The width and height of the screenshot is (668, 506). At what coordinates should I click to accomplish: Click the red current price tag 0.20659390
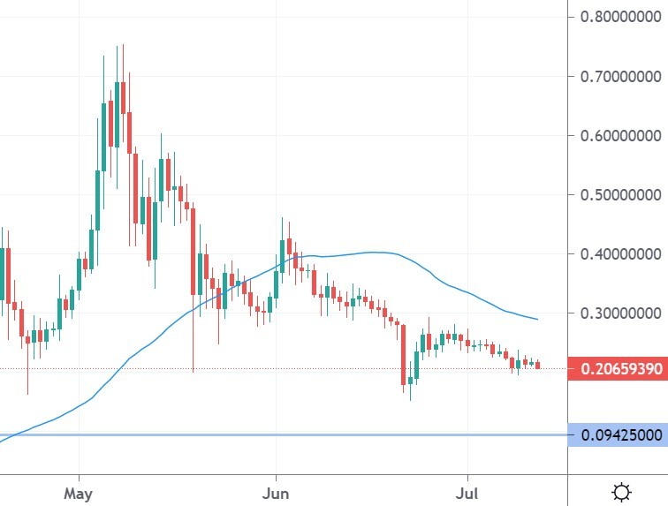pos(618,367)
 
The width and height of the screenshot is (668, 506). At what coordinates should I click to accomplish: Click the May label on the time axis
pos(79,491)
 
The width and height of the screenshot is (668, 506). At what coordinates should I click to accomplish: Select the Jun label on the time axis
pos(277,491)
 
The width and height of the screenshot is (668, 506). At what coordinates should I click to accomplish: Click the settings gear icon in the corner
pos(621,491)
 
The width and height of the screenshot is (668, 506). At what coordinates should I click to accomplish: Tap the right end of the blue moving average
pos(536,318)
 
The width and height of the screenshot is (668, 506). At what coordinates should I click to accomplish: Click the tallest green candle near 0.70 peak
pos(117,115)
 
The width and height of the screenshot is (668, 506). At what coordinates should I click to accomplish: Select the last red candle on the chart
pos(538,365)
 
